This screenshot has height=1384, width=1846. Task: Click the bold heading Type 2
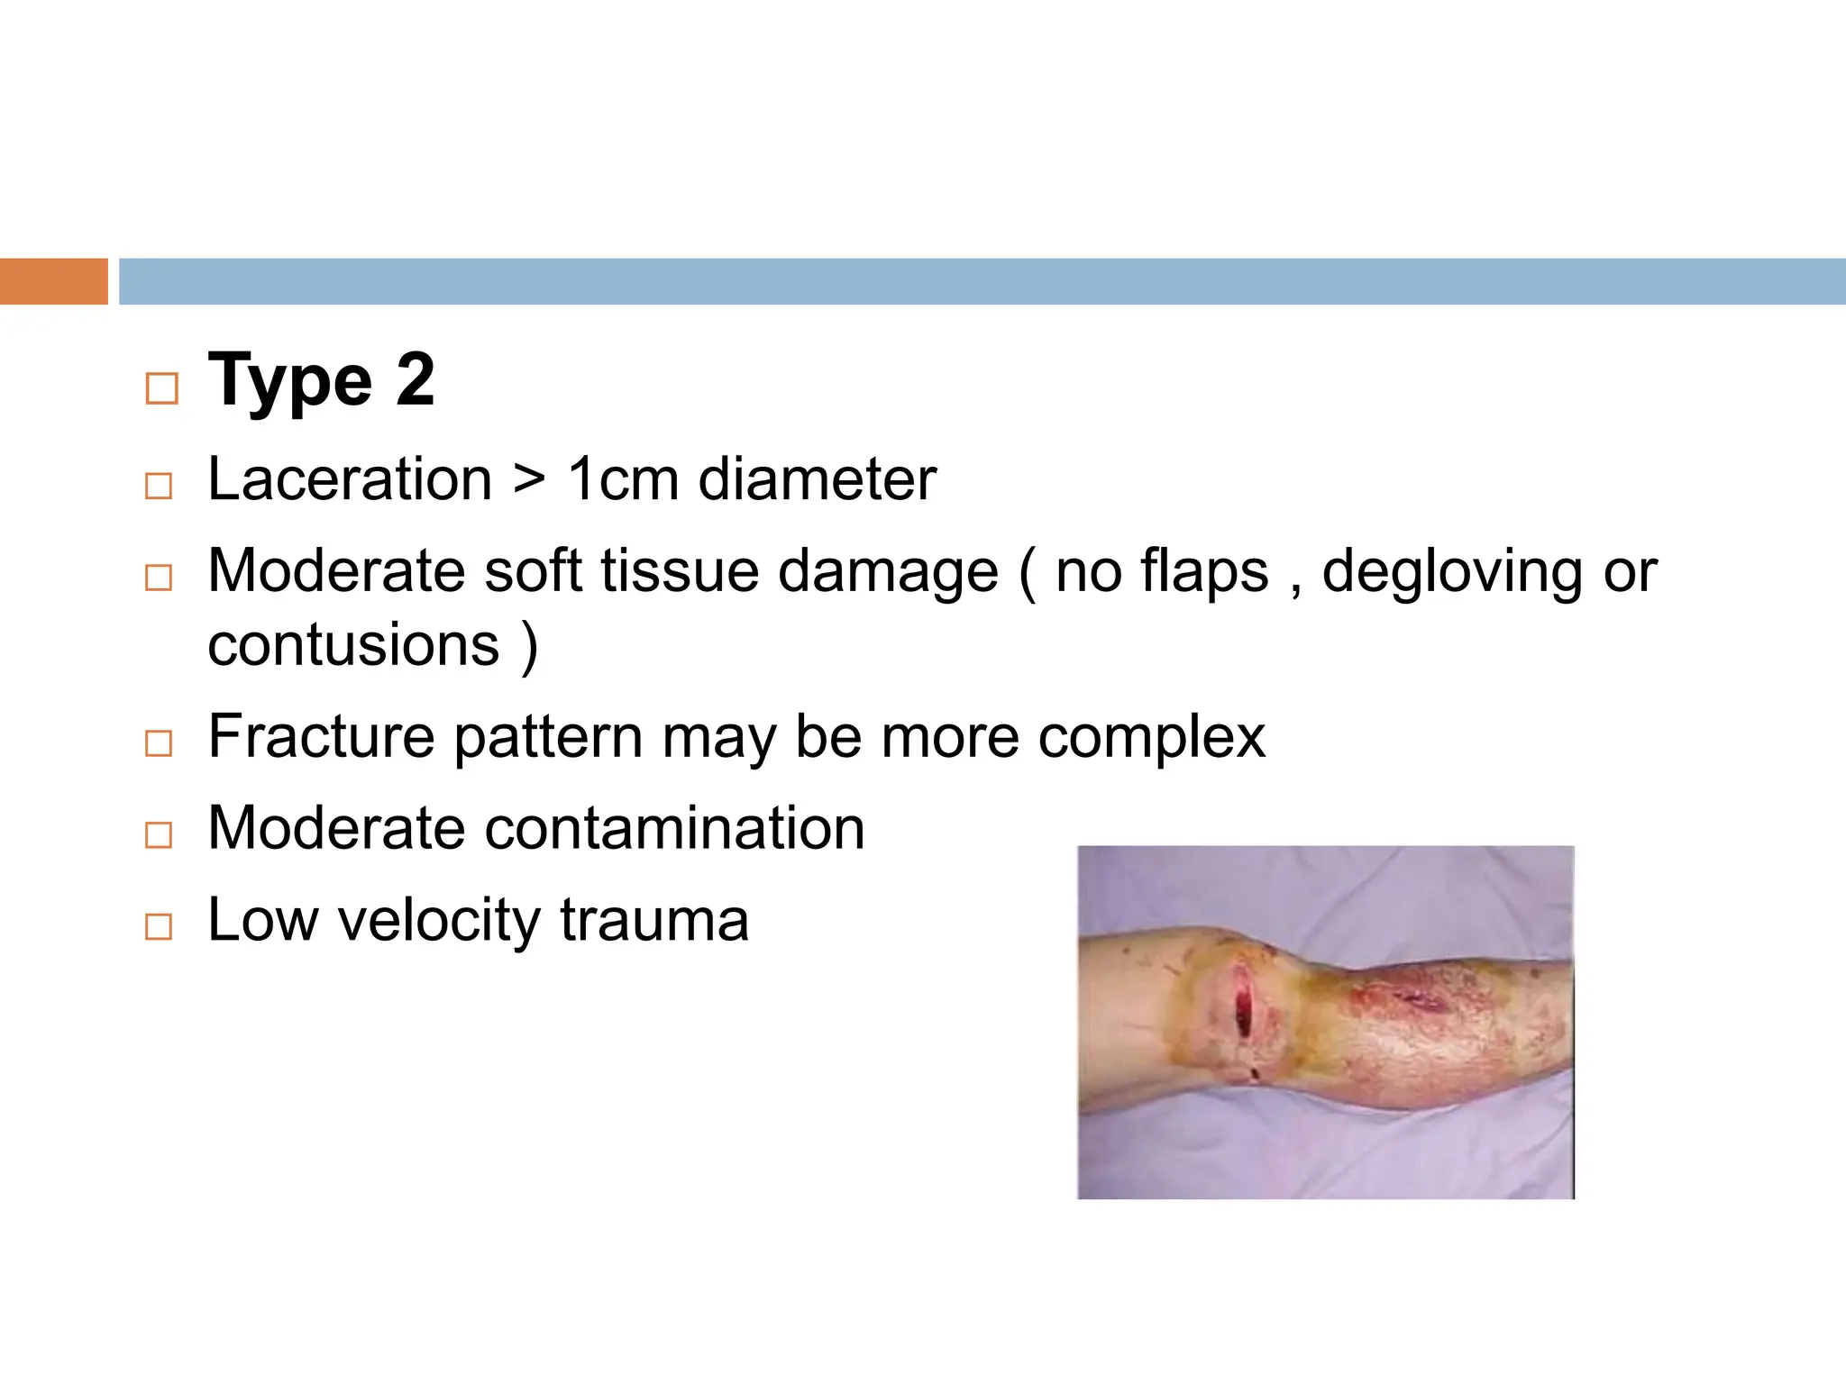click(321, 381)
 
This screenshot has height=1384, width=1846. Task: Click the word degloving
click(1451, 573)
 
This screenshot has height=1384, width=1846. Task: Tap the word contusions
click(353, 645)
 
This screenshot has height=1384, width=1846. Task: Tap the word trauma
click(653, 920)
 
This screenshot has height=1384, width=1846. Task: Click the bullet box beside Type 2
click(161, 388)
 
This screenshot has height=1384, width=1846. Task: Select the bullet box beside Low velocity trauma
click(159, 926)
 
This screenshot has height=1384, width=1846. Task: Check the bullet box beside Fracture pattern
click(159, 743)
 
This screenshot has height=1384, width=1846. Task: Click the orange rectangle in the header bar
click(53, 281)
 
